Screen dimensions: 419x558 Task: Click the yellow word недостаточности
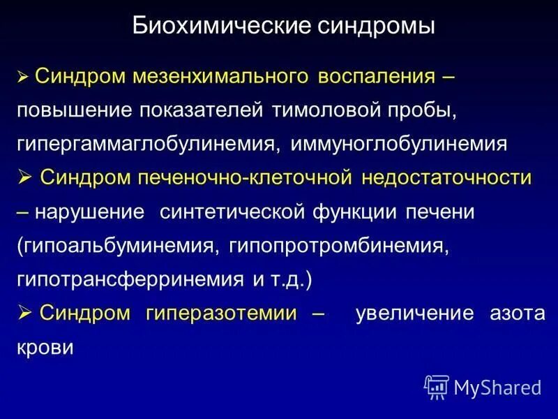pyautogui.click(x=446, y=178)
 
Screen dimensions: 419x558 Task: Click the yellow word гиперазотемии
pyautogui.click(x=221, y=313)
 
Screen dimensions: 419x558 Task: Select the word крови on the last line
pyautogui.click(x=46, y=347)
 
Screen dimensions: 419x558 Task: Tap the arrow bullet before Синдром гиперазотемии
pyautogui.click(x=26, y=314)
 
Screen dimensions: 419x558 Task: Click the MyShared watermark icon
pyautogui.click(x=436, y=386)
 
